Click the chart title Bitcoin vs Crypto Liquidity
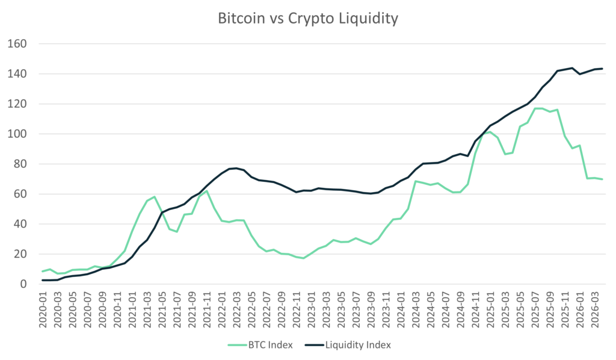tap(308, 20)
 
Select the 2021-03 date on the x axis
tap(147, 309)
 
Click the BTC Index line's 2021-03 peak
tap(155, 196)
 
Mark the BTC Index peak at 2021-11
tap(206, 191)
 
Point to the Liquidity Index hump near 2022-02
tap(233, 168)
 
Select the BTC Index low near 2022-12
tap(303, 258)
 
